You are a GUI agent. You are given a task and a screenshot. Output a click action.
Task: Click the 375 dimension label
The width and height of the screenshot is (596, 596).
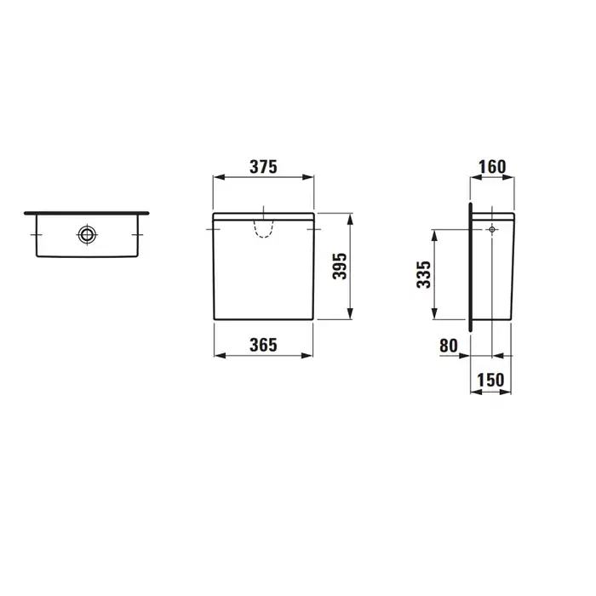click(x=263, y=167)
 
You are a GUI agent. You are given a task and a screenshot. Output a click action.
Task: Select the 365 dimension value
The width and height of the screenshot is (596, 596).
click(x=263, y=345)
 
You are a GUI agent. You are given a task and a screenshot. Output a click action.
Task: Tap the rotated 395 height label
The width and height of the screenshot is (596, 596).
click(x=340, y=266)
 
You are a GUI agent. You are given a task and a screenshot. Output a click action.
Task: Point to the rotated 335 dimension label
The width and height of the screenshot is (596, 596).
click(x=424, y=274)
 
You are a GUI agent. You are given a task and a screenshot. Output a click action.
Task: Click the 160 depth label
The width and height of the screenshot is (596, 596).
click(x=492, y=167)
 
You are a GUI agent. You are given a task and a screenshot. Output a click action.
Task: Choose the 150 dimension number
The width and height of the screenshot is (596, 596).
click(x=490, y=380)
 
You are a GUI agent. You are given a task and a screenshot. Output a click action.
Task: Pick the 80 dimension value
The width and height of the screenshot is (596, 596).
click(x=449, y=346)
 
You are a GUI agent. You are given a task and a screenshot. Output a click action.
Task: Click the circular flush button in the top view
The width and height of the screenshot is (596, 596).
click(x=87, y=234)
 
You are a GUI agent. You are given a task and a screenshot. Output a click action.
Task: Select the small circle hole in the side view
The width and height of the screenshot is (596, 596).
click(x=492, y=229)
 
